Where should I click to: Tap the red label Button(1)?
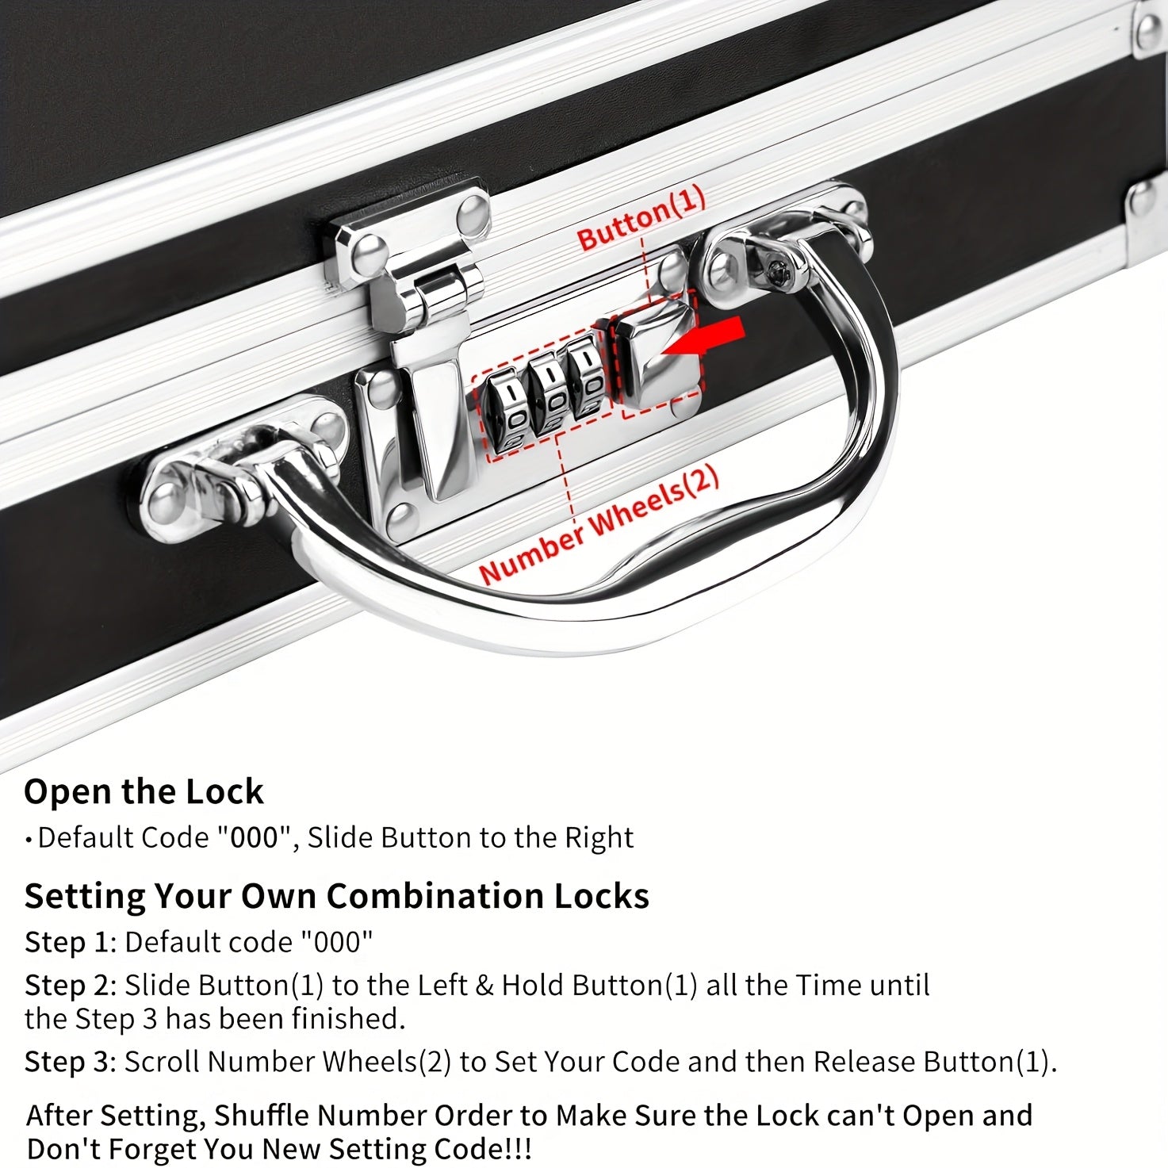(641, 219)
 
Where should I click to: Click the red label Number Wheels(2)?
(599, 526)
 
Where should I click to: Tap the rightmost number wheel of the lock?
(588, 378)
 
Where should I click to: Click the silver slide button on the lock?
(657, 354)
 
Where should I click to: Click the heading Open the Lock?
(144, 791)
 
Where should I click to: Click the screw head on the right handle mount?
(779, 274)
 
